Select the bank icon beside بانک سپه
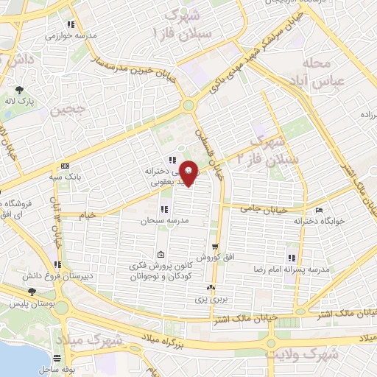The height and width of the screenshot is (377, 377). (66, 165)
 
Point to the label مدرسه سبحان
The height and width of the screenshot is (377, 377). (162, 221)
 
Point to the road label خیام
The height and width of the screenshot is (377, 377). (88, 214)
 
